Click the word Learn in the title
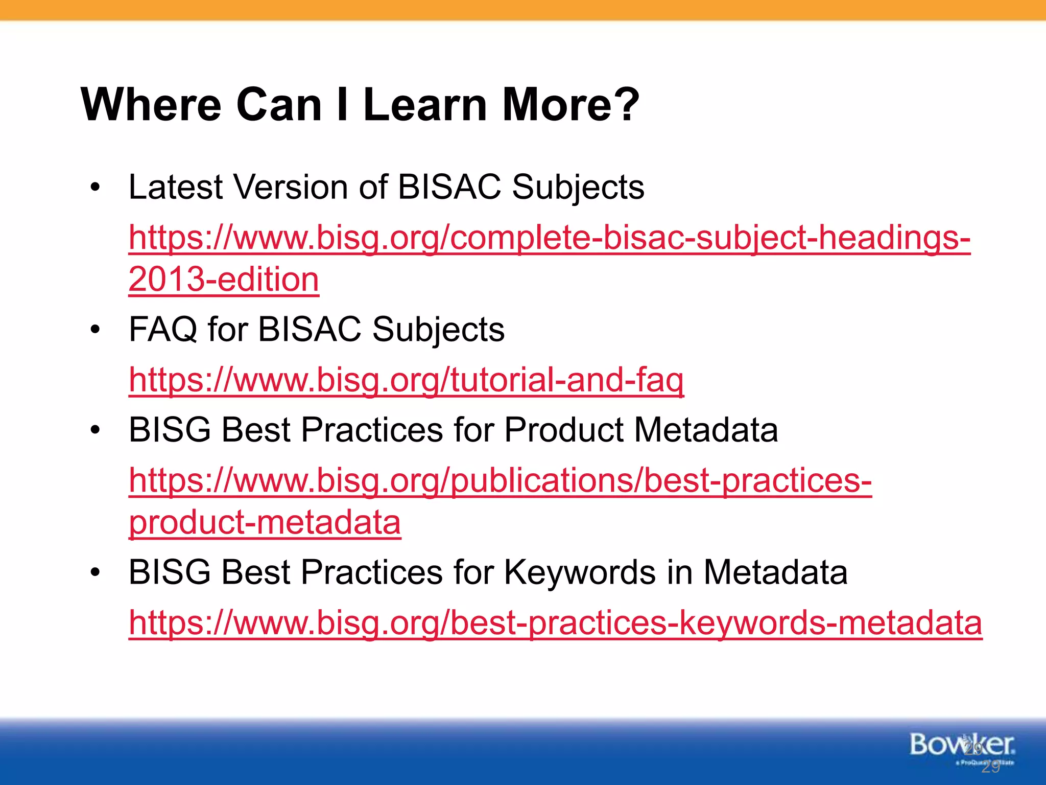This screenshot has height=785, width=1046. [425, 105]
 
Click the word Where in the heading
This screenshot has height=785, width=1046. [151, 105]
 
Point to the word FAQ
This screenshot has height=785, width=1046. [163, 329]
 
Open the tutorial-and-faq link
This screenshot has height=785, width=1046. [406, 380]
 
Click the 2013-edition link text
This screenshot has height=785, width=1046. [224, 280]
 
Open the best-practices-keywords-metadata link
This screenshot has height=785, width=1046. [555, 623]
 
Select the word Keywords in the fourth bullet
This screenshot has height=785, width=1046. [580, 572]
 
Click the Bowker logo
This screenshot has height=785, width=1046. [962, 746]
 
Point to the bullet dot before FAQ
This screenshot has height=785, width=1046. [95, 330]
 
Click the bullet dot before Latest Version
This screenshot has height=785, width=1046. [95, 188]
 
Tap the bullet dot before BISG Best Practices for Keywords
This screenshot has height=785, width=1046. [95, 572]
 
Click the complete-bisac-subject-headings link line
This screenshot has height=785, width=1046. [549, 238]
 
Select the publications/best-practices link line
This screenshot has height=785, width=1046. [500, 481]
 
